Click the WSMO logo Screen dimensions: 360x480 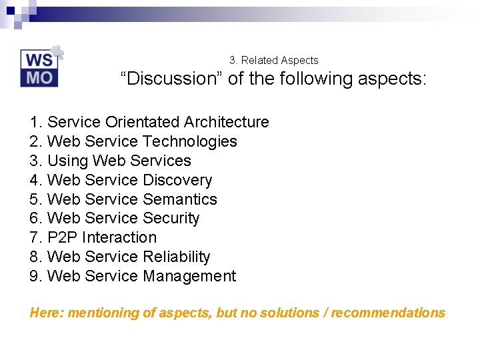(x=40, y=68)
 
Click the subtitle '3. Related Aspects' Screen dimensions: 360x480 (x=274, y=60)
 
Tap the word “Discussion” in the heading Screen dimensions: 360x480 (x=171, y=79)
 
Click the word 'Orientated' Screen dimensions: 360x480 (x=142, y=122)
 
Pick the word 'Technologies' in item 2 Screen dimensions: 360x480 (x=190, y=141)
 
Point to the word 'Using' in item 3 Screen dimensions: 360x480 (x=68, y=161)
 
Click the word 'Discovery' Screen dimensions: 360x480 (x=177, y=180)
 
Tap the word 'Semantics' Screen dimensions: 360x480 (x=179, y=199)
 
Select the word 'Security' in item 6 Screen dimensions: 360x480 (x=171, y=218)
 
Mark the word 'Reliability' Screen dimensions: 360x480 (x=176, y=257)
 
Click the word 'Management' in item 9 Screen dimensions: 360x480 (x=189, y=276)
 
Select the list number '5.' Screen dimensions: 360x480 (x=37, y=199)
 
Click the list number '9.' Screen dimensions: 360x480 (x=37, y=276)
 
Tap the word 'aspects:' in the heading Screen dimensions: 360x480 (x=393, y=79)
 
